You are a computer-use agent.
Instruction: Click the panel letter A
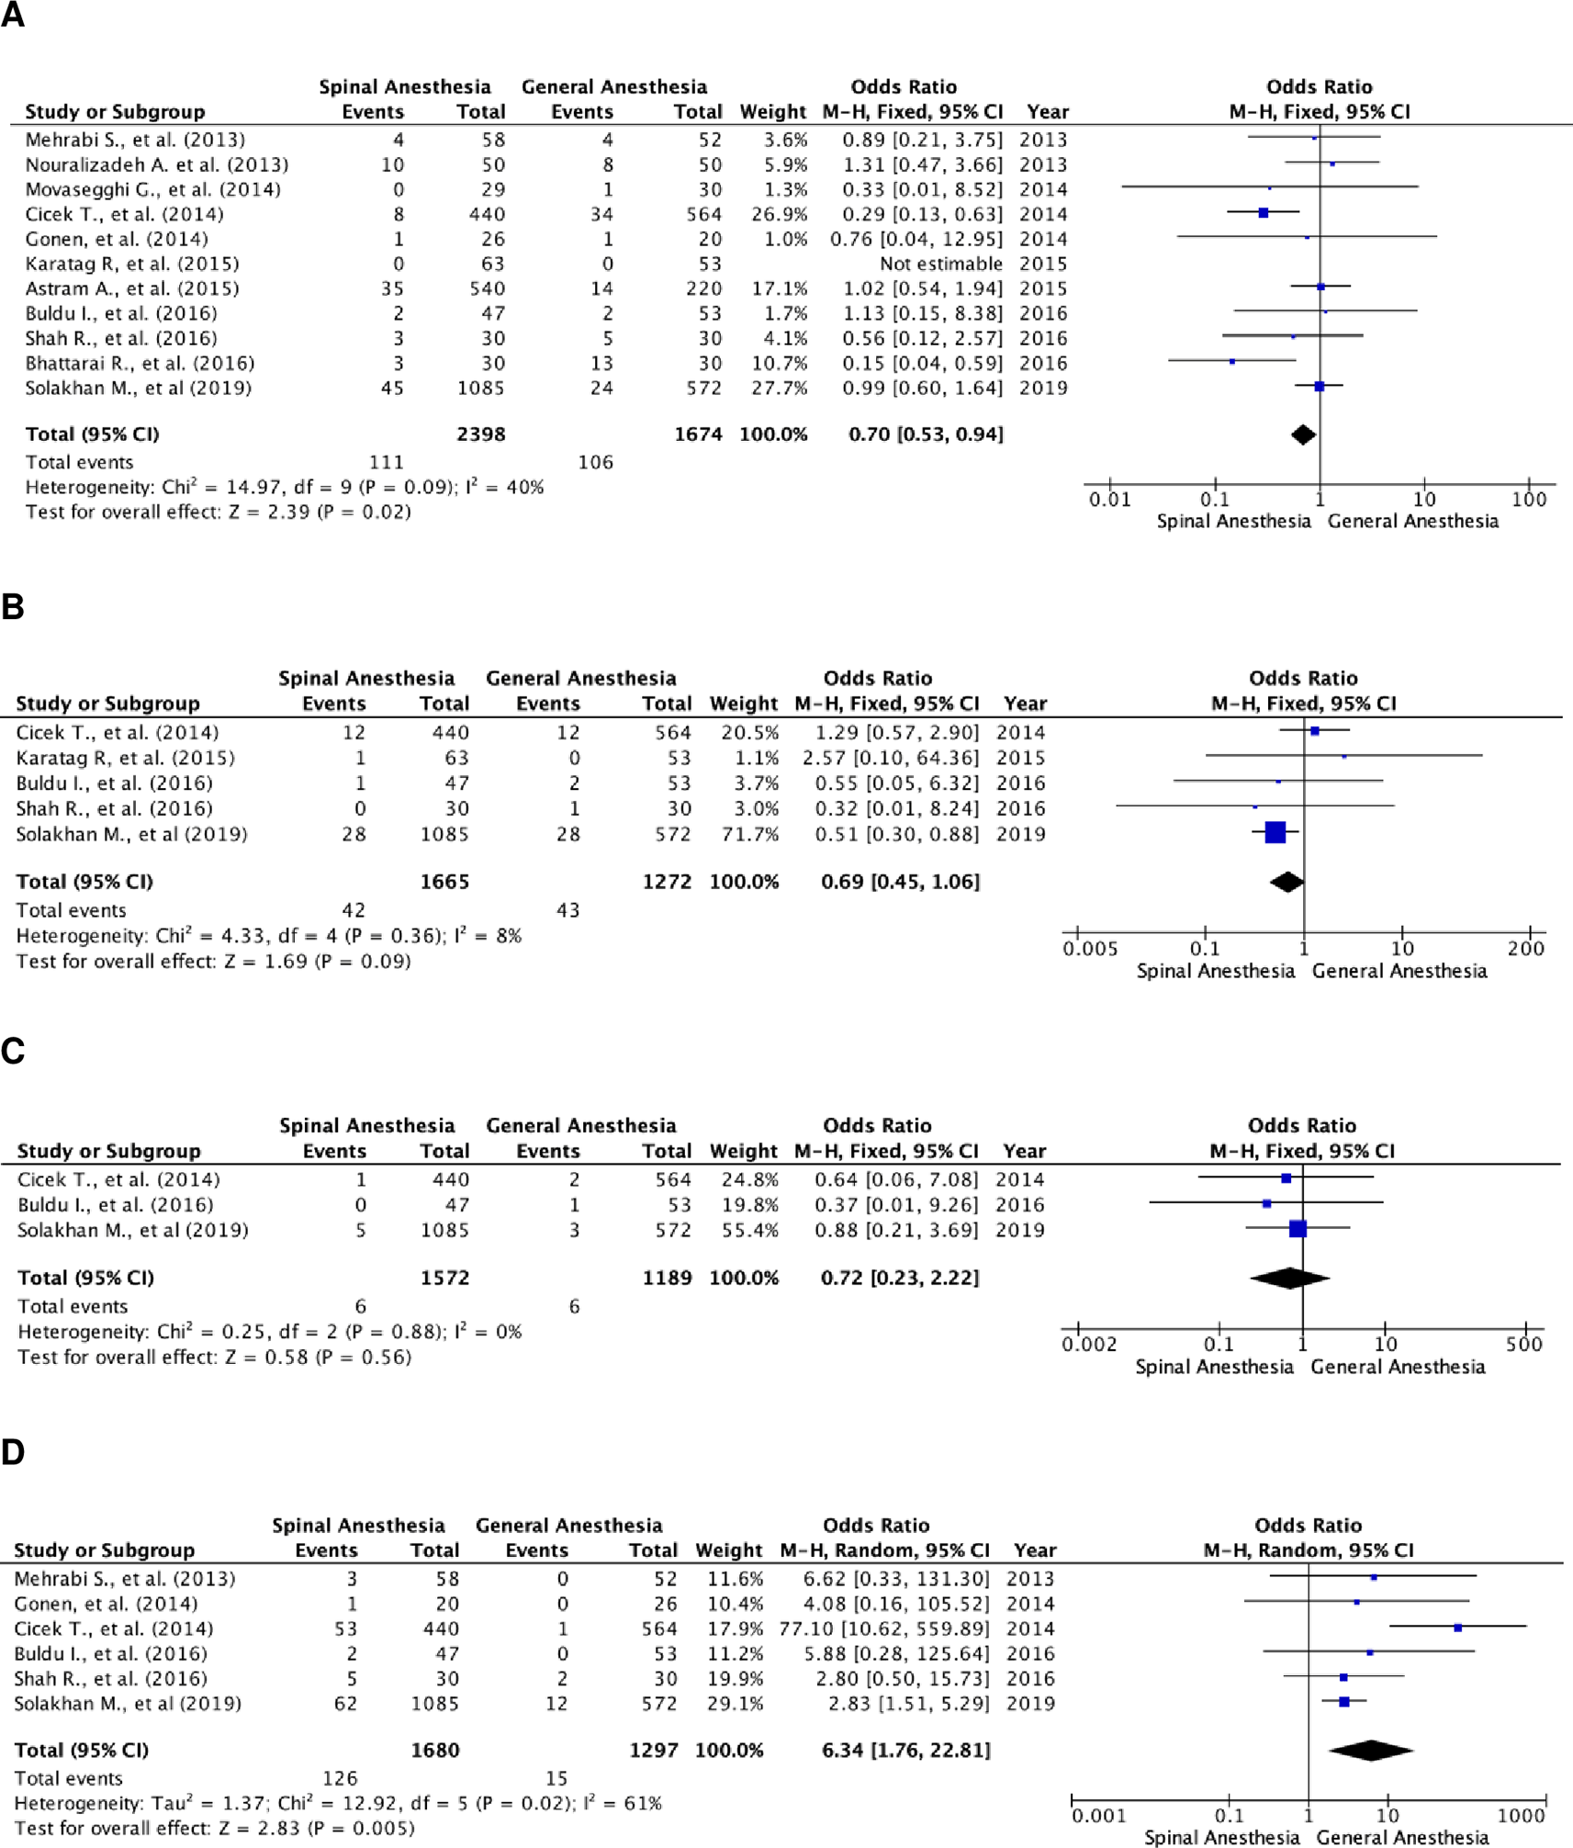13,16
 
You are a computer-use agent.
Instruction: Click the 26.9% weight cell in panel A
780,214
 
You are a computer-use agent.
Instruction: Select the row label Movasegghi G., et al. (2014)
152,189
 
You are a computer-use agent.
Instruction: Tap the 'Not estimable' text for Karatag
940,264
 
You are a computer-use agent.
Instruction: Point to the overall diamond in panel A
1303,434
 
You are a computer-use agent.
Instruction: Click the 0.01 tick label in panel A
1109,500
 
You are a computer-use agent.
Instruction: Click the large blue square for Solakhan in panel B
1275,832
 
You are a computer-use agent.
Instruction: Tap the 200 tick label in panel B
1525,949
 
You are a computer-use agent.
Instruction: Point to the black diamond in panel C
1289,1278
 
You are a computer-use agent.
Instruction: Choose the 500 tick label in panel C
1523,1345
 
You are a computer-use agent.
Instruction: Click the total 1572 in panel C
444,1278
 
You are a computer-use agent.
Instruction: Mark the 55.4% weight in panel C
749,1230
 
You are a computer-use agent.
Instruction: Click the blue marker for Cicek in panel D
1457,1628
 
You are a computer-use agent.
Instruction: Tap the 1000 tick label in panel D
1521,1816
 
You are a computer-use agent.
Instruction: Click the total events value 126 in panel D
340,1778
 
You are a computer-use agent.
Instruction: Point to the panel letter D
13,1452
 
